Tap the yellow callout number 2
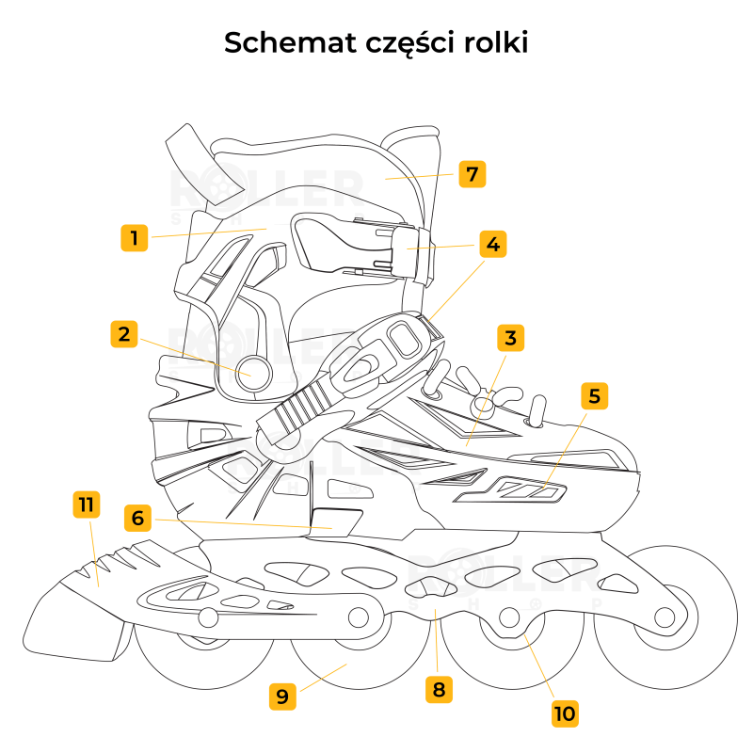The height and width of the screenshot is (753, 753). click(124, 334)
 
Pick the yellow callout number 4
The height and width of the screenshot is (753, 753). click(491, 244)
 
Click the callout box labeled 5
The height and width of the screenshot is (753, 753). click(593, 396)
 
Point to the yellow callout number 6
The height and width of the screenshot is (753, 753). click(137, 518)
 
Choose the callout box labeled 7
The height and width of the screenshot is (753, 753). click(473, 174)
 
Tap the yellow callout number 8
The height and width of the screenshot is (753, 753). click(438, 689)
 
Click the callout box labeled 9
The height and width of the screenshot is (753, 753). click(282, 697)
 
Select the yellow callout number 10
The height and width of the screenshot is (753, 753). click(564, 713)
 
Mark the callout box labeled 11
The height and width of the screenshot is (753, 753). click(86, 505)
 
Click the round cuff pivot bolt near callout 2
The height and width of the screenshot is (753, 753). click(252, 371)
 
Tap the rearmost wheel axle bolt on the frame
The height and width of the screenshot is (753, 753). click(208, 617)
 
